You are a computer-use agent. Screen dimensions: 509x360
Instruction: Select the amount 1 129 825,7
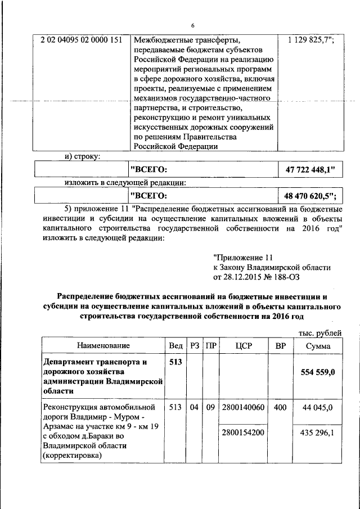pos(311,40)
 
